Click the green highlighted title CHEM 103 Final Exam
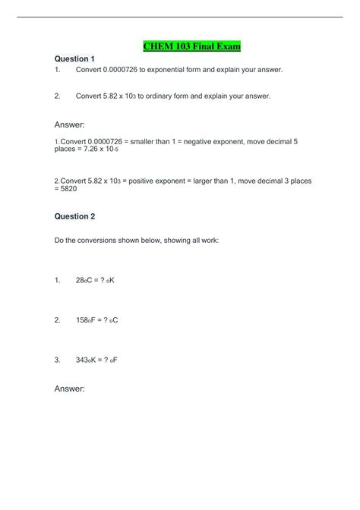(x=191, y=46)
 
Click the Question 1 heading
(x=74, y=58)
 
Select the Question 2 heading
(x=74, y=216)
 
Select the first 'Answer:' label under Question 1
(x=70, y=124)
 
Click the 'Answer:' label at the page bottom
(x=70, y=389)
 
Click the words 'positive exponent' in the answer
(x=166, y=181)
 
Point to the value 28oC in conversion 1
(x=86, y=280)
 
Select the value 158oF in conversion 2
(x=87, y=320)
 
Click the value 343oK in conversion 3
(x=87, y=360)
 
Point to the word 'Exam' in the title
(x=226, y=46)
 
